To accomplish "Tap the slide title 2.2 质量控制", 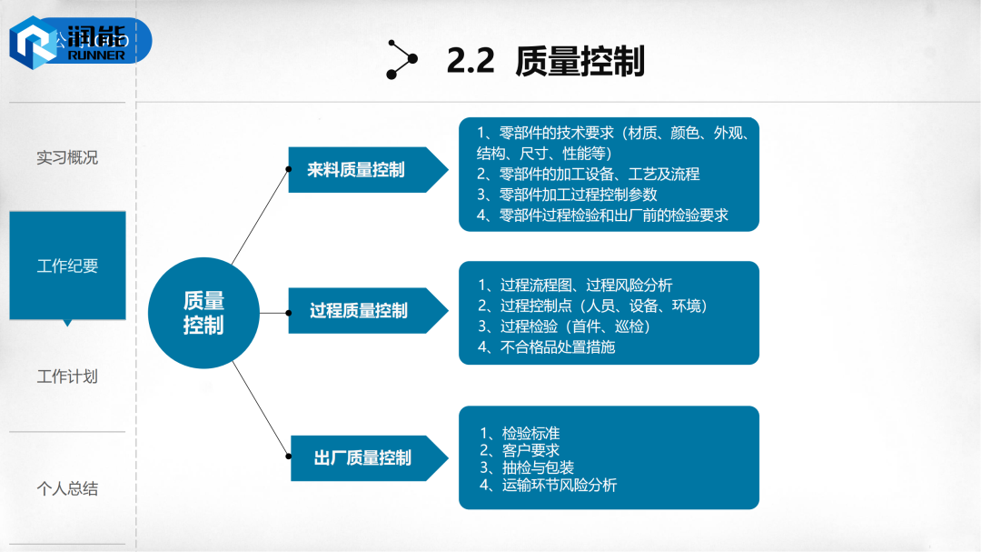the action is pos(545,61).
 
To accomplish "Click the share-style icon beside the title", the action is pos(401,60).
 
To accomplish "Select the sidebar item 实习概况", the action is pos(67,157).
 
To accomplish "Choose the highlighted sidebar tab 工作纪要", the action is pos(67,266).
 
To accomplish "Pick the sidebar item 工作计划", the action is pos(67,376).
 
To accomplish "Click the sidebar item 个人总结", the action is pos(67,488).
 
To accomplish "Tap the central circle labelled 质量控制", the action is pos(203,314).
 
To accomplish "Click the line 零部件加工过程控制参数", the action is pos(567,195).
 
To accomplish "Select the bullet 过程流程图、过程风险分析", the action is pos(575,285).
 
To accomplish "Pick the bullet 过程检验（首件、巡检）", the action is pos(564,326).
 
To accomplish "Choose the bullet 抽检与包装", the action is pos(527,467).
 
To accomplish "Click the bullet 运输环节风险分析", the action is pos(548,485).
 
